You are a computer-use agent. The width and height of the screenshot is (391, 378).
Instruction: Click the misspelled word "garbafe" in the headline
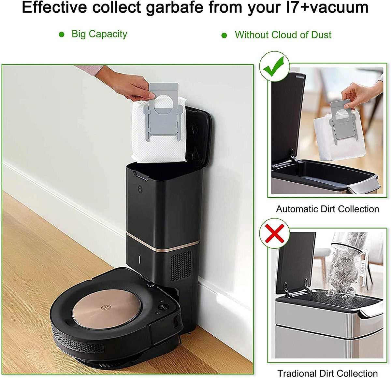tap(174, 8)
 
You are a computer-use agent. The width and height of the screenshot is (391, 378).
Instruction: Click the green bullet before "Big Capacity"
tap(62, 35)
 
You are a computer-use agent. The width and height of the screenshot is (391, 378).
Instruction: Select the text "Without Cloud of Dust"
tap(283, 35)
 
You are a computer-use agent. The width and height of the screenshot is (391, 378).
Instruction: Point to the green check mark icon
tap(274, 66)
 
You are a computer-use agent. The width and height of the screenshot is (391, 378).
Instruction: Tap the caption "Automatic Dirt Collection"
tap(327, 209)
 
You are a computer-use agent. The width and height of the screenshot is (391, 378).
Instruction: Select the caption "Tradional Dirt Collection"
tap(327, 373)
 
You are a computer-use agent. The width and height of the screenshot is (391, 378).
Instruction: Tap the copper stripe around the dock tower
tap(163, 243)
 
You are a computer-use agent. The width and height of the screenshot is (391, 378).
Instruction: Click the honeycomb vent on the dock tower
tap(181, 265)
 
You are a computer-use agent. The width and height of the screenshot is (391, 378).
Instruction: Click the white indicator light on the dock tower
tap(139, 259)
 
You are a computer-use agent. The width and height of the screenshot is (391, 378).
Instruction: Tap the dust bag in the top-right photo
tap(339, 137)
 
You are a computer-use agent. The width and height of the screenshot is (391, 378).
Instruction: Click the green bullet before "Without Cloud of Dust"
tap(224, 35)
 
